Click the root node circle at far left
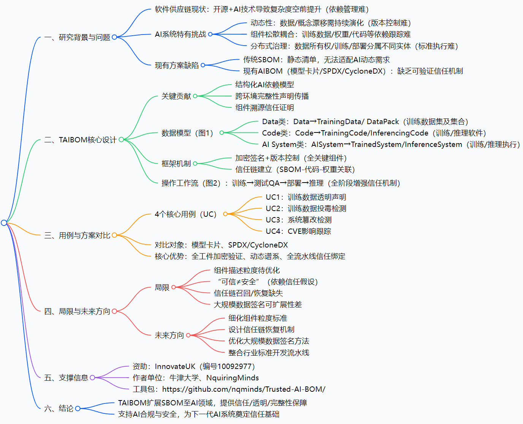point(4,223)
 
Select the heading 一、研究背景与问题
point(77,37)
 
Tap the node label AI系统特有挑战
point(180,34)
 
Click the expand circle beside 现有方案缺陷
point(203,65)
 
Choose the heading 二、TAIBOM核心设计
point(80,140)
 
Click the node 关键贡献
point(176,96)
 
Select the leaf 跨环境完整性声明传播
point(272,96)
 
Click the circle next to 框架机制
point(195,164)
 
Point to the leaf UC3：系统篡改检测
point(298,220)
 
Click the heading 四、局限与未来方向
point(77,311)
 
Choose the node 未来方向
point(169,335)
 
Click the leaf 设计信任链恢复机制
point(261,329)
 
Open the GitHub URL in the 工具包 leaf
point(244,389)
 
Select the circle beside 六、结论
point(78,408)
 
